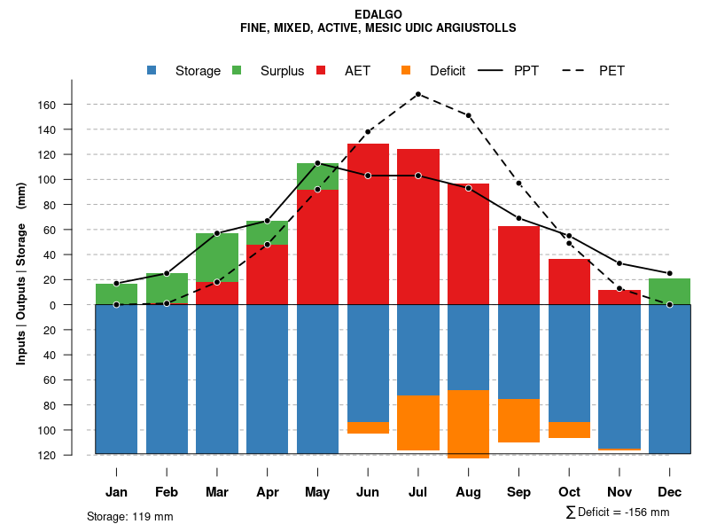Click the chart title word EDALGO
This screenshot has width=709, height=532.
378,15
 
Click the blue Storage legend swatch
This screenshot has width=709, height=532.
152,71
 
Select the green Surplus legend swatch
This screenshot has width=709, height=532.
237,71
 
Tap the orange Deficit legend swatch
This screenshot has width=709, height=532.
406,71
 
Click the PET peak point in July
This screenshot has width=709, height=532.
417,94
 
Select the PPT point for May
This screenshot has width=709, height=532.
317,163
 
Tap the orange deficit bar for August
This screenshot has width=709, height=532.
468,424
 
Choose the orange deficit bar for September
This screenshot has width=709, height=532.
518,420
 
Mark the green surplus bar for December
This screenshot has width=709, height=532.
669,292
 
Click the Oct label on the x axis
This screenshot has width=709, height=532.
569,492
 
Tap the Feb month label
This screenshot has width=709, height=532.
167,492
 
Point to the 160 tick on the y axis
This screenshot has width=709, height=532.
72,105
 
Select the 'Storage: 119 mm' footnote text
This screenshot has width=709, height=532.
130,516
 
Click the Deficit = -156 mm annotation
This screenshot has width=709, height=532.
617,512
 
